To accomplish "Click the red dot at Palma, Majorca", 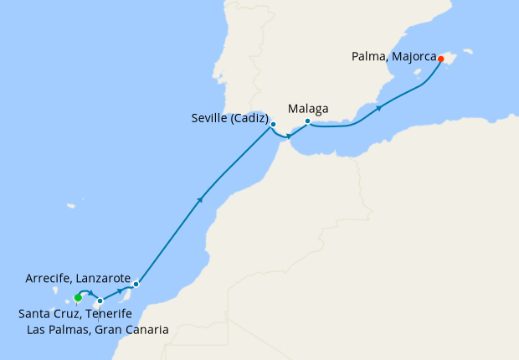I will pyautogui.click(x=440, y=59).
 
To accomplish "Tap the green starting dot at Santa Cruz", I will pyautogui.click(x=77, y=297).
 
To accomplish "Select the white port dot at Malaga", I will pyautogui.click(x=307, y=121).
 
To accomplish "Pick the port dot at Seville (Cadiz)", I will pyautogui.click(x=273, y=124).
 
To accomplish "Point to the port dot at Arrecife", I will pyautogui.click(x=136, y=284).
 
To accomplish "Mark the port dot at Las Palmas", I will pyautogui.click(x=100, y=301).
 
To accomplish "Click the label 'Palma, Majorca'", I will pyautogui.click(x=393, y=58).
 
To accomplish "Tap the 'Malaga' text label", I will pyautogui.click(x=308, y=108).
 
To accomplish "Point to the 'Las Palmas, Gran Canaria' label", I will pyautogui.click(x=98, y=330).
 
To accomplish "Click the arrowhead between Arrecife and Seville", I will pyautogui.click(x=200, y=199).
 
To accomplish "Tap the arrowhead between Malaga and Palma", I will pyautogui.click(x=379, y=108).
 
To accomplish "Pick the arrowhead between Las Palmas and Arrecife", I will pyautogui.click(x=120, y=290).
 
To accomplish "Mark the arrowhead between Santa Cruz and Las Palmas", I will pyautogui.click(x=90, y=293).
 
